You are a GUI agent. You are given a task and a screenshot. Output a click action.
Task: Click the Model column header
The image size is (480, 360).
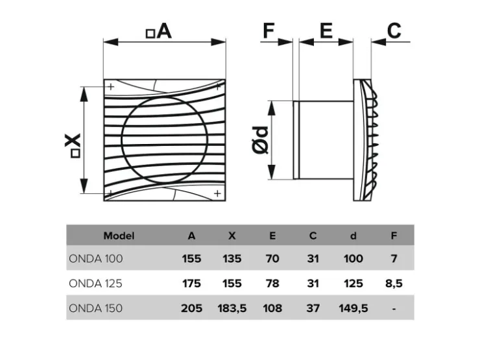(x=119, y=235)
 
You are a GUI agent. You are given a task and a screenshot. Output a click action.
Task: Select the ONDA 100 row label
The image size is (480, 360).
(x=96, y=259)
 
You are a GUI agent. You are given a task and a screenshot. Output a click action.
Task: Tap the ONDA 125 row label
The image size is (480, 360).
(x=95, y=283)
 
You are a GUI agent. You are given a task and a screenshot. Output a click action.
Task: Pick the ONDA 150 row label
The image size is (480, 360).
(x=96, y=308)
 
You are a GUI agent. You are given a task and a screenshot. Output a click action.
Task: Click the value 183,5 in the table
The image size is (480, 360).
(x=232, y=308)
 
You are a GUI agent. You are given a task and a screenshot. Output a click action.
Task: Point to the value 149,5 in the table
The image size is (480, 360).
(x=354, y=308)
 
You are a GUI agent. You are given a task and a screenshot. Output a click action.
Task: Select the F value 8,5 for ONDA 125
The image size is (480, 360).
(x=394, y=283)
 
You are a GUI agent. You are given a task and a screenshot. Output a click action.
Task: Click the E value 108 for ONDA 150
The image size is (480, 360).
(x=272, y=308)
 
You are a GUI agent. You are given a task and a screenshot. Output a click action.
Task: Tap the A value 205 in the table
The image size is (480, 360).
(x=191, y=308)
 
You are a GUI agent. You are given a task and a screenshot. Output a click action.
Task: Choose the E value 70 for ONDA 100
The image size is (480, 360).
(x=272, y=259)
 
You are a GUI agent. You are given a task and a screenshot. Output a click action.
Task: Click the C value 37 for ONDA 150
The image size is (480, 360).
(x=313, y=308)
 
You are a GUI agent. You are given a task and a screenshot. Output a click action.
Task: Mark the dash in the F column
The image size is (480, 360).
(x=394, y=309)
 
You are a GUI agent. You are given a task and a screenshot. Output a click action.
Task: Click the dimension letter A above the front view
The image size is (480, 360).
(x=164, y=31)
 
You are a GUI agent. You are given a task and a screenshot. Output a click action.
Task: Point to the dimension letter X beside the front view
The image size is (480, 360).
(x=73, y=141)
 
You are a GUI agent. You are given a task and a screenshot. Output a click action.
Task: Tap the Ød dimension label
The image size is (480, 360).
(x=261, y=140)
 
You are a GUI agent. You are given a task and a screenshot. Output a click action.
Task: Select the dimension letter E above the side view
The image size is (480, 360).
(x=326, y=30)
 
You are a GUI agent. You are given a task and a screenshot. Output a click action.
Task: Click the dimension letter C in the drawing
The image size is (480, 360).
(x=394, y=30)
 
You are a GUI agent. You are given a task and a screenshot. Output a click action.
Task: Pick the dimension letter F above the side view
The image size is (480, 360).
(x=269, y=30)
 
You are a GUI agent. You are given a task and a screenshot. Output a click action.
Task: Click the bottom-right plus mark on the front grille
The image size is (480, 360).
(x=217, y=193)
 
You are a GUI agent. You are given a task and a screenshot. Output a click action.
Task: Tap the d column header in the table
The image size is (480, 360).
(x=354, y=235)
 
